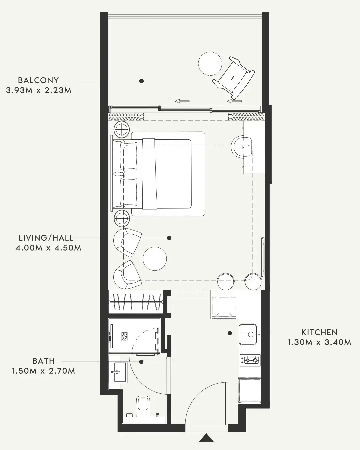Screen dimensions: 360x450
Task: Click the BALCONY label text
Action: [38, 80]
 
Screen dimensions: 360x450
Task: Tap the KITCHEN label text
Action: [320, 332]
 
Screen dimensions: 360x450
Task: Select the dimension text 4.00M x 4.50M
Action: [49, 248]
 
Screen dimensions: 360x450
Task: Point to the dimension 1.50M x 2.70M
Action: [44, 371]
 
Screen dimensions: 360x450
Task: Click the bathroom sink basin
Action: [118, 372]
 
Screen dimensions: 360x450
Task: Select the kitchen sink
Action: [248, 334]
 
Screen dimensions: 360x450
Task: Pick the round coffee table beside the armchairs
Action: [155, 259]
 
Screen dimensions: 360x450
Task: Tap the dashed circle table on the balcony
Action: [210, 64]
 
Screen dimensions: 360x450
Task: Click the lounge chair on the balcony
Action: [234, 78]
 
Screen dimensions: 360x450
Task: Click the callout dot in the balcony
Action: [141, 81]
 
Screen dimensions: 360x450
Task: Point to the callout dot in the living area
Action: [169, 238]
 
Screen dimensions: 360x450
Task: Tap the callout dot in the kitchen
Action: [230, 333]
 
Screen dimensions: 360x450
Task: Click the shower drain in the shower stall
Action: [124, 336]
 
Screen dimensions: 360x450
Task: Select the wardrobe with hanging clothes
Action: [136, 302]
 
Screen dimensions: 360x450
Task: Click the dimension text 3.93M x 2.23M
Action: [39, 90]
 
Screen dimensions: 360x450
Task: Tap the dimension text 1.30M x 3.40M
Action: [320, 342]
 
